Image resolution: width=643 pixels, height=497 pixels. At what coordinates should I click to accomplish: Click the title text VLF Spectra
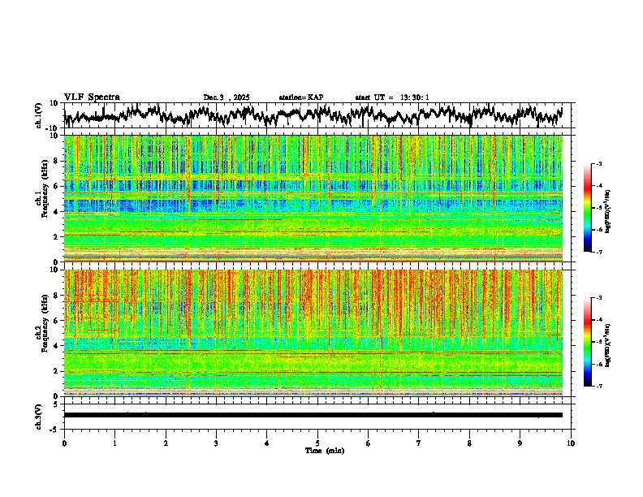point(92,97)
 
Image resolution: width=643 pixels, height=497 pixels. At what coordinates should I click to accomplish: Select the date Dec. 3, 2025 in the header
point(227,97)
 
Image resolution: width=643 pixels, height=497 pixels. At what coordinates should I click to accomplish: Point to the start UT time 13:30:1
point(392,97)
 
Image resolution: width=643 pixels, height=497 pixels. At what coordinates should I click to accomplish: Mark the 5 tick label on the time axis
point(317,443)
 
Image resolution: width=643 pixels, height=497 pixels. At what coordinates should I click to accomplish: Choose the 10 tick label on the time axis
point(571,443)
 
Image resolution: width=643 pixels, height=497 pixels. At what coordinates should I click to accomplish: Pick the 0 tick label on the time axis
point(64,443)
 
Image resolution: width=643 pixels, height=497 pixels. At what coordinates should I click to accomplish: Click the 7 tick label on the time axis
point(419,443)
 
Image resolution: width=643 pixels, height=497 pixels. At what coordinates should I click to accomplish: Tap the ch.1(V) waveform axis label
point(39,116)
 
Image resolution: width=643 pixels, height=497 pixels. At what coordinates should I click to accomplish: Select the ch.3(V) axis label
point(39,415)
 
